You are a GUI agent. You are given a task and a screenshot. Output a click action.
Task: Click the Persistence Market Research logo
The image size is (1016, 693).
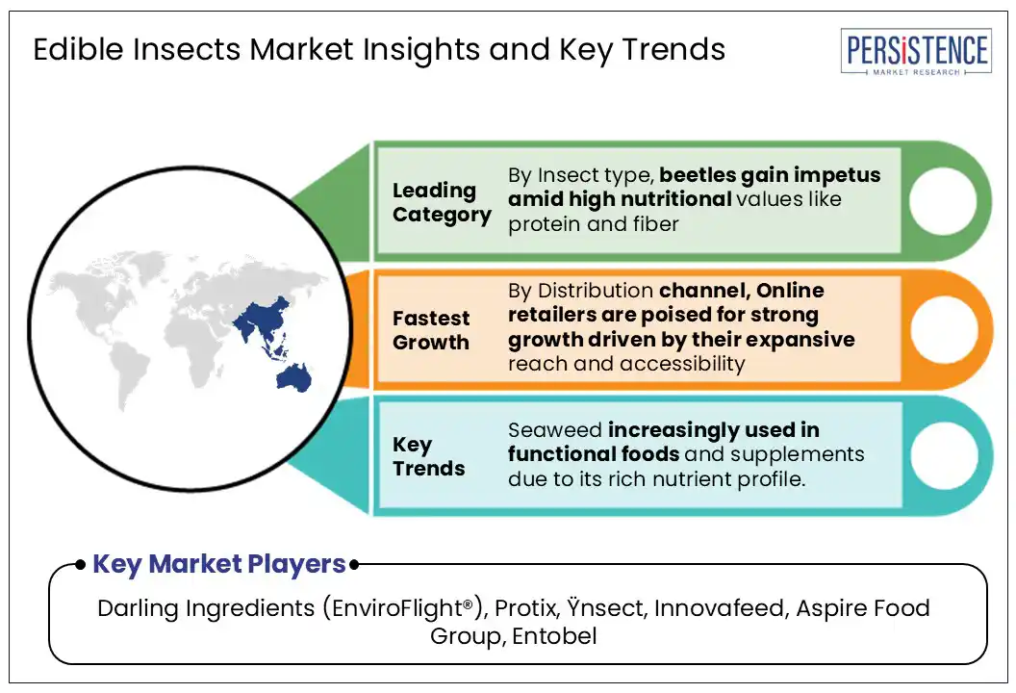(916, 51)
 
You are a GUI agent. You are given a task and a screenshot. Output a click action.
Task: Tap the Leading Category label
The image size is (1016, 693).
(442, 202)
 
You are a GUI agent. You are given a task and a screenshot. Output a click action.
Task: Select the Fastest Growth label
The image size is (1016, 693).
(431, 330)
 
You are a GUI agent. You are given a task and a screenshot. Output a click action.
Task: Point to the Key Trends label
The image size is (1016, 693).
(428, 456)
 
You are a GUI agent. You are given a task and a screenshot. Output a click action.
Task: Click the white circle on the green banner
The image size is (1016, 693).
(943, 200)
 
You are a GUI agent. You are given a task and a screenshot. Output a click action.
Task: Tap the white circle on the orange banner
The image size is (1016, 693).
(944, 329)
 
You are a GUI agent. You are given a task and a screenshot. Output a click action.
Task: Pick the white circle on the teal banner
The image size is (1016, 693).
(944, 455)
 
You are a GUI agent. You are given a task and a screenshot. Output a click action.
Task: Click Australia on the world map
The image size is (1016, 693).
(294, 377)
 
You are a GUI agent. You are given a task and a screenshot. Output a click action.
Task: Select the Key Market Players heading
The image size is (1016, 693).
(219, 564)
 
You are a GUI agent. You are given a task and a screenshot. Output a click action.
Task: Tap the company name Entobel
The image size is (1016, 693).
(554, 636)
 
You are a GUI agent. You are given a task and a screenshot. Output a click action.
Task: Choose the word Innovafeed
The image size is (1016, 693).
(722, 608)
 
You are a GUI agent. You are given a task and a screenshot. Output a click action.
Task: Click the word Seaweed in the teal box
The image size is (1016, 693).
(555, 430)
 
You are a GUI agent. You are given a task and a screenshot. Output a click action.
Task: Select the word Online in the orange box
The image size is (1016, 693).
(790, 291)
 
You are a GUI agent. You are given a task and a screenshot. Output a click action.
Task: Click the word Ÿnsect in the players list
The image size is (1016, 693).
(605, 607)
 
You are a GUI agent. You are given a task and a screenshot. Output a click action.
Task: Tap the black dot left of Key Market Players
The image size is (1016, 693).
(81, 565)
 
